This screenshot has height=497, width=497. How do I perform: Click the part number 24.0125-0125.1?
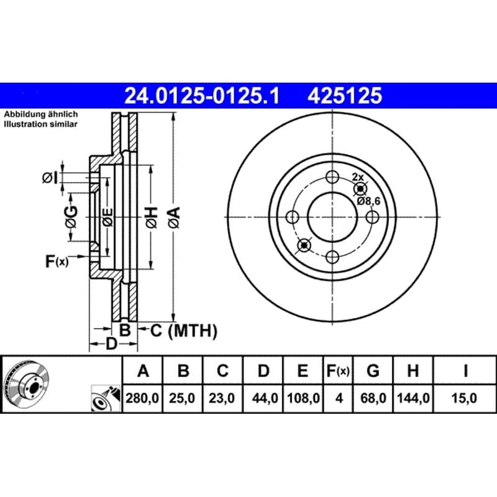click(202, 96)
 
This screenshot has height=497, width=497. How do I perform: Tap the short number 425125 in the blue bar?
click(345, 96)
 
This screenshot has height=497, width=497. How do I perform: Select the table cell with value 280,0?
click(142, 398)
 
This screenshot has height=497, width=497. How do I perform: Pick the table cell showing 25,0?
click(182, 398)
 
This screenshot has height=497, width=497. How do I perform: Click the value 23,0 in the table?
click(222, 398)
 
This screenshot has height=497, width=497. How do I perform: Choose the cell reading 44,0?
click(263, 398)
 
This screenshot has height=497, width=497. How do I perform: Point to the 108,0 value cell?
click(303, 398)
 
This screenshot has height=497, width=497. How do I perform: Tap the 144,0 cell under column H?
click(413, 398)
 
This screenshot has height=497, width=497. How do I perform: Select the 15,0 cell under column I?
click(464, 398)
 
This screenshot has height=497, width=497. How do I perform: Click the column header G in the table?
click(373, 370)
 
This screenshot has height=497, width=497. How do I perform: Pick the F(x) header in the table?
click(338, 370)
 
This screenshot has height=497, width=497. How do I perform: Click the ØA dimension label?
click(175, 217)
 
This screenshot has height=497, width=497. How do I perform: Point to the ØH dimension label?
click(152, 217)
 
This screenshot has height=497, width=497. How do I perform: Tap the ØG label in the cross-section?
click(71, 217)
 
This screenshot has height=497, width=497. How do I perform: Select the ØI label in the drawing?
click(50, 178)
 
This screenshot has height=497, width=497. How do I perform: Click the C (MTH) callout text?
click(184, 331)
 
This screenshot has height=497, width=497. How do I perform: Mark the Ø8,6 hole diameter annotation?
click(368, 201)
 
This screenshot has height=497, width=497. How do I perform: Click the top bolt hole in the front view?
click(332, 177)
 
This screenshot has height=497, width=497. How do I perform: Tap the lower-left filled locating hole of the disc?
click(304, 245)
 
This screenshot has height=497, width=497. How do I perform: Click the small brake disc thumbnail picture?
click(26, 384)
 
